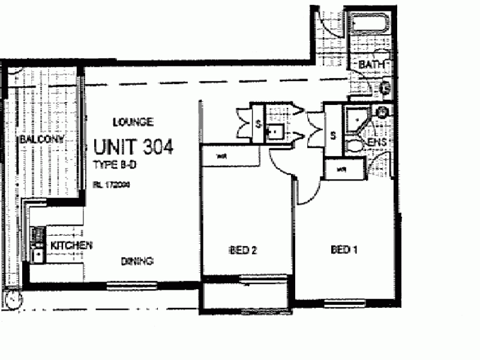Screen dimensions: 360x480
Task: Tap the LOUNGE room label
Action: tap(133, 122)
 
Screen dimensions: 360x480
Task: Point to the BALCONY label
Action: tap(41, 139)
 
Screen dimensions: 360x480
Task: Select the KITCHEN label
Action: tap(70, 245)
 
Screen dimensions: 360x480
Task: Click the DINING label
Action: tap(138, 261)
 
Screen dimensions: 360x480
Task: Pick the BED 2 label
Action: tap(242, 250)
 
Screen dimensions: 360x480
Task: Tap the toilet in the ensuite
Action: tap(355, 146)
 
